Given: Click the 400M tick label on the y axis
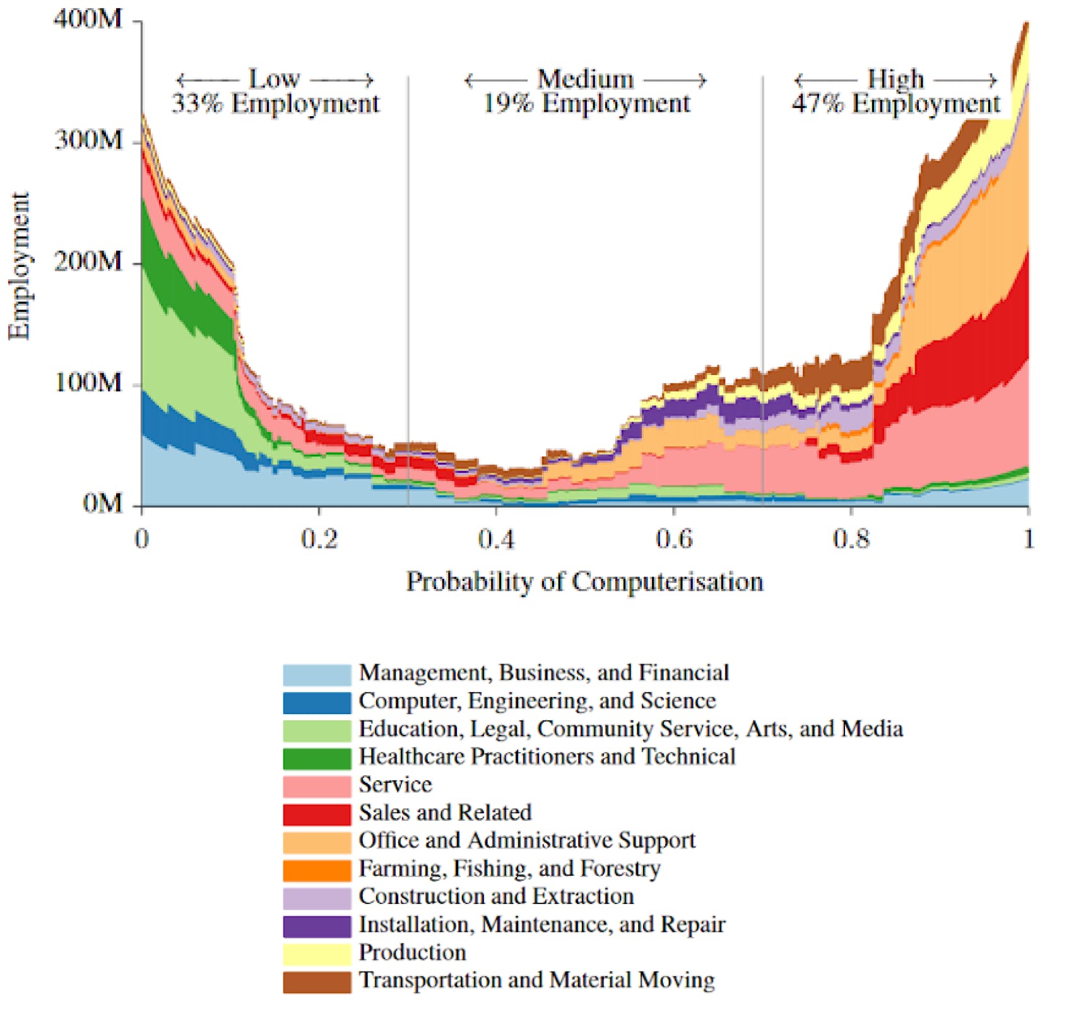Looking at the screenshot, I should (x=88, y=20).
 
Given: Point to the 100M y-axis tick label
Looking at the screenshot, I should (x=88, y=383).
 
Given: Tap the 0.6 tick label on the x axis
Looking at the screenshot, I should (x=673, y=539).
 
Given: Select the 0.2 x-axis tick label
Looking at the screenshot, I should (x=319, y=539).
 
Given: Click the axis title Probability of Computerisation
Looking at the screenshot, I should (x=584, y=581).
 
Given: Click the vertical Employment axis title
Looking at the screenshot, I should (x=19, y=265).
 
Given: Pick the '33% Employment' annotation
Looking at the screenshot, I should (x=276, y=104).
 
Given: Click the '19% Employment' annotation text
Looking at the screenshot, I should (x=586, y=104).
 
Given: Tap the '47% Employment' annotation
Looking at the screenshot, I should (x=896, y=104).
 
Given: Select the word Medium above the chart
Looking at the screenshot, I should (x=585, y=80).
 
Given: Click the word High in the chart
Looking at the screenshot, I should (x=896, y=80).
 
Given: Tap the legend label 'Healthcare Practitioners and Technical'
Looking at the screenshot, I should (x=547, y=756).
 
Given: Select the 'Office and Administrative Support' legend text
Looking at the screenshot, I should (x=527, y=840).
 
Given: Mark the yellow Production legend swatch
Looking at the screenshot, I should (x=317, y=954).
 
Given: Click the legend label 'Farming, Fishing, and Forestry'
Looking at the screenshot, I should (x=510, y=869).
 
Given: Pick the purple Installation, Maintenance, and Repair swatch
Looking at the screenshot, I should (x=317, y=926).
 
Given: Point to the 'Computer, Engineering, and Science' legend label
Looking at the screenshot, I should (x=538, y=701).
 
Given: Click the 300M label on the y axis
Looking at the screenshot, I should (x=88, y=140).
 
